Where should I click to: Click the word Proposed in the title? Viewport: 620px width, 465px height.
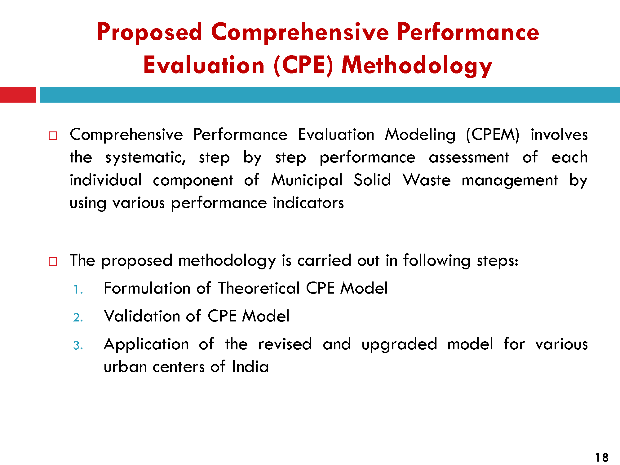click(150, 33)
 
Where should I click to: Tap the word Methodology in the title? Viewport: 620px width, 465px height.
click(417, 65)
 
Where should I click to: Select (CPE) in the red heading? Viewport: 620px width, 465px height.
click(303, 65)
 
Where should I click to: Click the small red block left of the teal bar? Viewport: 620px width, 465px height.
click(18, 95)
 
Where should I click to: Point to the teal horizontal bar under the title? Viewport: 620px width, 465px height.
click(330, 95)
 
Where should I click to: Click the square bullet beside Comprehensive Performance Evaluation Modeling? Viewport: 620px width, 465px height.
click(53, 136)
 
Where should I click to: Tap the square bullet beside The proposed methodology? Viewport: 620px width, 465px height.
click(53, 261)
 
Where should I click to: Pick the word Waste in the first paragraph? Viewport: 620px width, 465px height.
click(427, 180)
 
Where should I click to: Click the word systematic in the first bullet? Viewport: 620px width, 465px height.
click(146, 158)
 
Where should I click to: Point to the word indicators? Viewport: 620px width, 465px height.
click(308, 203)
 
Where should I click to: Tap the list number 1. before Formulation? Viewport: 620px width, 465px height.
click(78, 290)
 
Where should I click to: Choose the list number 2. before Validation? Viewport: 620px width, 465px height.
click(78, 317)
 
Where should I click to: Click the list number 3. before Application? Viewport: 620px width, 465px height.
click(78, 345)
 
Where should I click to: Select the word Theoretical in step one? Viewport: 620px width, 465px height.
click(259, 288)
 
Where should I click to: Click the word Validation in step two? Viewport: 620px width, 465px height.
click(142, 316)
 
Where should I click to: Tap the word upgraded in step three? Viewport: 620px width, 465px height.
click(399, 345)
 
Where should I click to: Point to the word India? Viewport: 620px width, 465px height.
click(250, 367)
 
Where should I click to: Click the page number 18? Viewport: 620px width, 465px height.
click(602, 458)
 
